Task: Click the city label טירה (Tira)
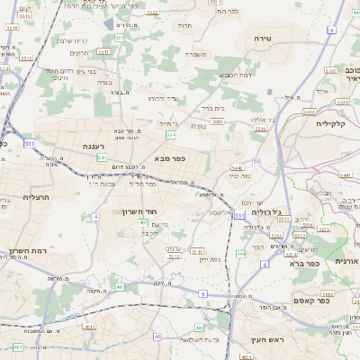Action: coord(263,38)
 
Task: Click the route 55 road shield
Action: coord(256,161)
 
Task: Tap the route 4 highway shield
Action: coord(95,217)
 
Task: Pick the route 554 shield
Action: coord(170,135)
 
